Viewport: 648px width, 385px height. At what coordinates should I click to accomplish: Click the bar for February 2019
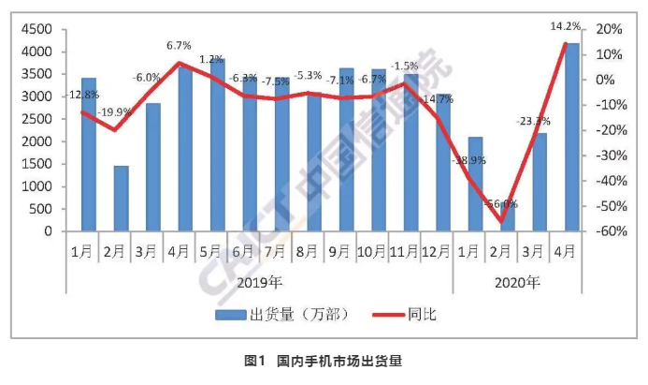(121, 198)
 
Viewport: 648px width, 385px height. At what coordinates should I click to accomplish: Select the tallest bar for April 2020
(572, 137)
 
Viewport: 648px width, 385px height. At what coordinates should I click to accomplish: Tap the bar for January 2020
(476, 184)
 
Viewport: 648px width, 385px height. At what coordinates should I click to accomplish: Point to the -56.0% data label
(501, 204)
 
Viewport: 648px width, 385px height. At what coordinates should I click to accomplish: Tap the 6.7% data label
(180, 45)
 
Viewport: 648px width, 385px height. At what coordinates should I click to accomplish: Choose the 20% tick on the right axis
(607, 29)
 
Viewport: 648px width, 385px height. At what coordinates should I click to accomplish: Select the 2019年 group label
(259, 281)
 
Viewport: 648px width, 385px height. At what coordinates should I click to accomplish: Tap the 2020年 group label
(517, 281)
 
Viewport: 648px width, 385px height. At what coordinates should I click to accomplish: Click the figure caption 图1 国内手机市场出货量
(324, 361)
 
